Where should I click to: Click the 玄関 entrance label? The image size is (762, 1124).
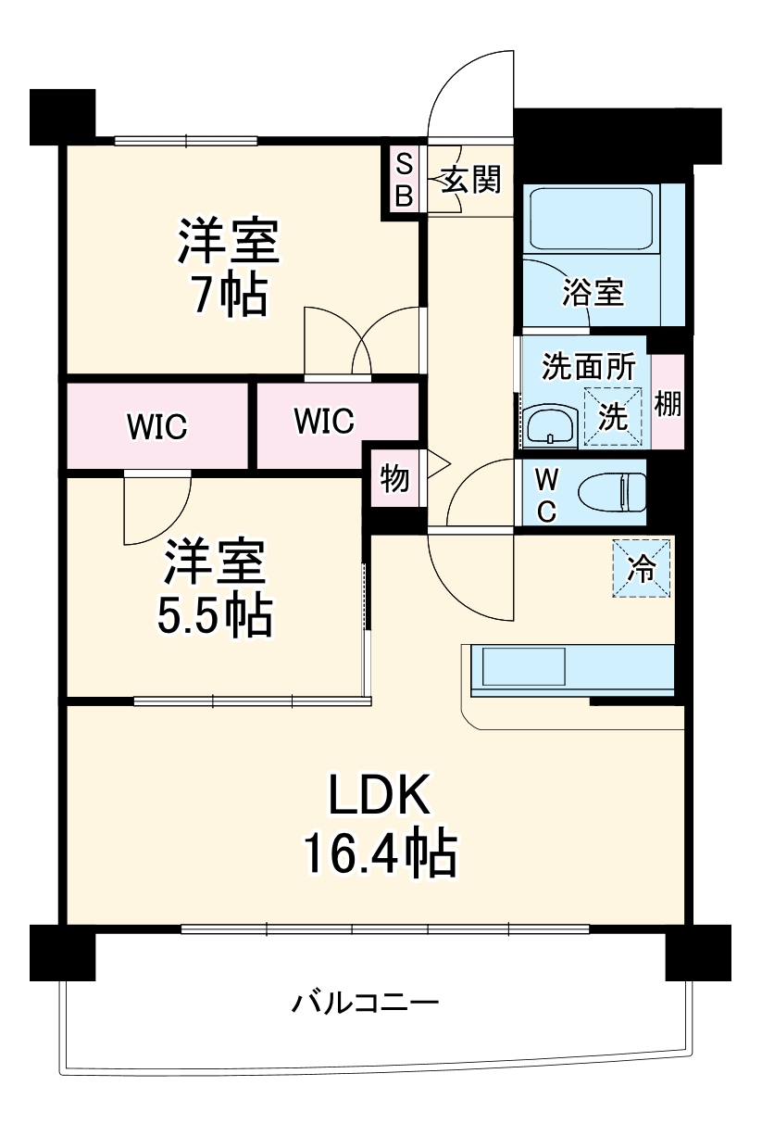coord(470,180)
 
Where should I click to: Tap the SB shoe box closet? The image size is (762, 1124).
coord(404,182)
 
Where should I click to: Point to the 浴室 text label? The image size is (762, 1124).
coord(592,293)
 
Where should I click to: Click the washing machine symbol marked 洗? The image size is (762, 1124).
coord(612,417)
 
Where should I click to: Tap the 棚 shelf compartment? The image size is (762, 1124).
coord(668,404)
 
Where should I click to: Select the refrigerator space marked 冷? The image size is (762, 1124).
coord(641,568)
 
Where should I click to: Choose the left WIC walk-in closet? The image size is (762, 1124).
coord(157,426)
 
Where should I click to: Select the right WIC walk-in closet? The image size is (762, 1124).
coord(324,421)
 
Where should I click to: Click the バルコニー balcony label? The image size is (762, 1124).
coord(366,1003)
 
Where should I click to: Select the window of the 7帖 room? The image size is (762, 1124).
coord(185,142)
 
